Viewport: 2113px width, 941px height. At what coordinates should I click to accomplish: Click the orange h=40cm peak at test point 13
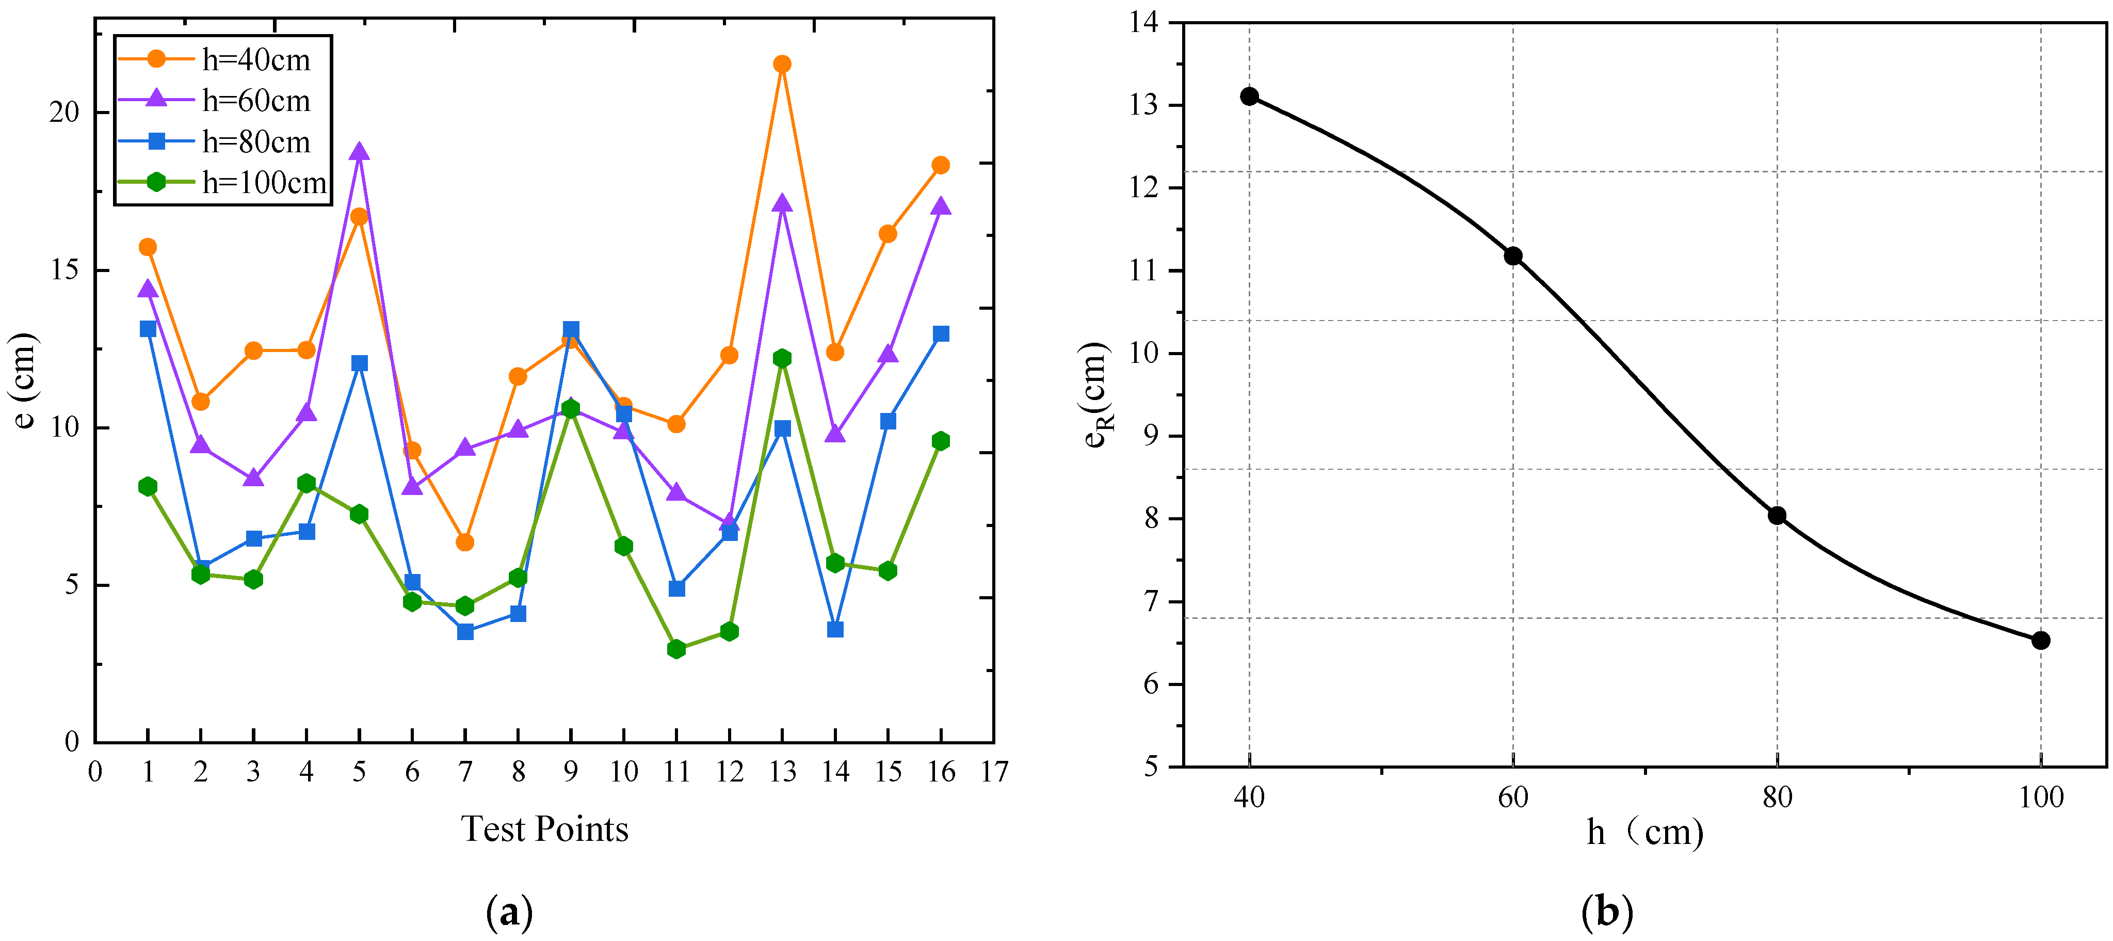coord(782,64)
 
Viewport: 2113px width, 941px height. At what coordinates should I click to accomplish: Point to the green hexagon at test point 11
coord(676,649)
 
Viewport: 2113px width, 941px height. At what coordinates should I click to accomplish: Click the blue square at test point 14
coord(835,629)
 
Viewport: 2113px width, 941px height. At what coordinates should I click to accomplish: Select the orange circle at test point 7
coord(465,543)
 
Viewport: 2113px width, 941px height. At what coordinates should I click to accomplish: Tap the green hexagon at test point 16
coord(941,441)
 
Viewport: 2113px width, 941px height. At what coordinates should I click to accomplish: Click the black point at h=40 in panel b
coord(1249,96)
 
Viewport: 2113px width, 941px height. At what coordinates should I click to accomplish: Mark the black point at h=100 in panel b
coord(2041,641)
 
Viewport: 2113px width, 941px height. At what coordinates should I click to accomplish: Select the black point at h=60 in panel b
coord(1513,256)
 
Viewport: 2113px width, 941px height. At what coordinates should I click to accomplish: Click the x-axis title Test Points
coord(545,830)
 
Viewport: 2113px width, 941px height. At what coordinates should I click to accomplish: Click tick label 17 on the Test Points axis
coord(994,772)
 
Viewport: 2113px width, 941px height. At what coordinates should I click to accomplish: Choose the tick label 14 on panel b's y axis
coord(1144,23)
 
